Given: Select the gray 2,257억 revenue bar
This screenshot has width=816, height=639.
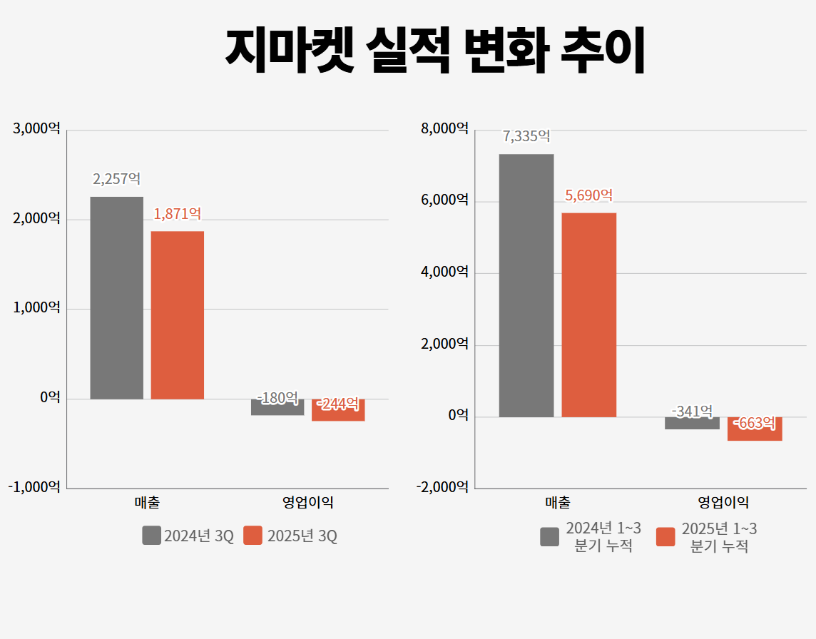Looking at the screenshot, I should tap(116, 297).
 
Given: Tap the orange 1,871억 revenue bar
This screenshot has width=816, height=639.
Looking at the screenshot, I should tap(178, 315).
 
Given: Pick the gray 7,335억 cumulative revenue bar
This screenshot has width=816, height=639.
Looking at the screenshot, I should tap(526, 285).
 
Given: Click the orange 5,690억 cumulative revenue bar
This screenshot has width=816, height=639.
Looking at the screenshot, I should tap(588, 315).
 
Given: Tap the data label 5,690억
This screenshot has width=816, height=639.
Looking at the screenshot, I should tap(588, 195).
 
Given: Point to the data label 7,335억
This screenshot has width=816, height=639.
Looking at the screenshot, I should tap(526, 136).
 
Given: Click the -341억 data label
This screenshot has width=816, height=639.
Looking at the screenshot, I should tap(692, 411).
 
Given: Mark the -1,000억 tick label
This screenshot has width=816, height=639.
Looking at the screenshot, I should tap(34, 487).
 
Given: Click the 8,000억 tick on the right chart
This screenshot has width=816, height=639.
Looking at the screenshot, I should tap(444, 128).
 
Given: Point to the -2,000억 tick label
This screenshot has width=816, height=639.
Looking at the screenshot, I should tap(442, 487).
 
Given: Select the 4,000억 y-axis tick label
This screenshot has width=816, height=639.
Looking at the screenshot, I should tap(444, 272).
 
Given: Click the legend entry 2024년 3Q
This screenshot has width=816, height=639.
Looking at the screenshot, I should tap(188, 536).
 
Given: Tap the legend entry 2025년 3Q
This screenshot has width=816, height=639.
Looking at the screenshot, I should tap(290, 536).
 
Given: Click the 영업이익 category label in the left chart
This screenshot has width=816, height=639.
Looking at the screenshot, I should tap(308, 503).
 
